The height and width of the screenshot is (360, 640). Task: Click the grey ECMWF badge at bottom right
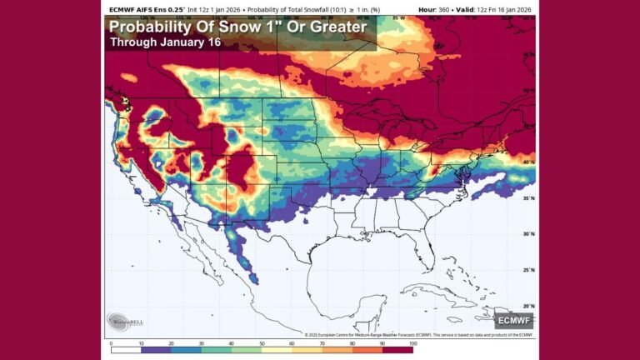512,319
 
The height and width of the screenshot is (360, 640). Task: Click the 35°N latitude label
527,198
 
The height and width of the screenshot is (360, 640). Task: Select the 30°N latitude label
527,234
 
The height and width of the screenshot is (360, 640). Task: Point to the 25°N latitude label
527,270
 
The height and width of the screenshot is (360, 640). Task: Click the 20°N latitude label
527,306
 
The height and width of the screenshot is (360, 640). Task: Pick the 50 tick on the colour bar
262,342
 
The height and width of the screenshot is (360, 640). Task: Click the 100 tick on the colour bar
412,342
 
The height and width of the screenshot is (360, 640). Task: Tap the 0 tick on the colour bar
111,342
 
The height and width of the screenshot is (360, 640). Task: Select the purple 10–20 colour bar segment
156,337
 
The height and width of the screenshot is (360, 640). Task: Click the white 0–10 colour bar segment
126,337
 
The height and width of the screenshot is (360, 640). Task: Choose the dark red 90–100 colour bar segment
397,337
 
